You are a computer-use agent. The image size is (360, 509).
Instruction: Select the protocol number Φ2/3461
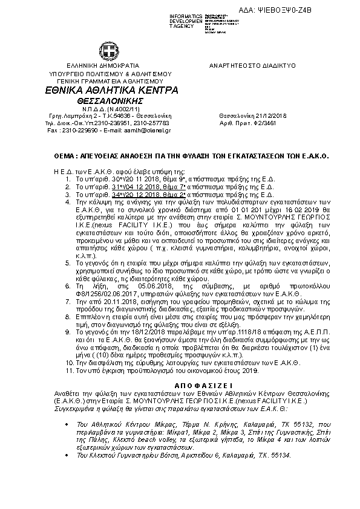(278, 122)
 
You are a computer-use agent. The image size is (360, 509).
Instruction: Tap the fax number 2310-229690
(76, 129)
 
